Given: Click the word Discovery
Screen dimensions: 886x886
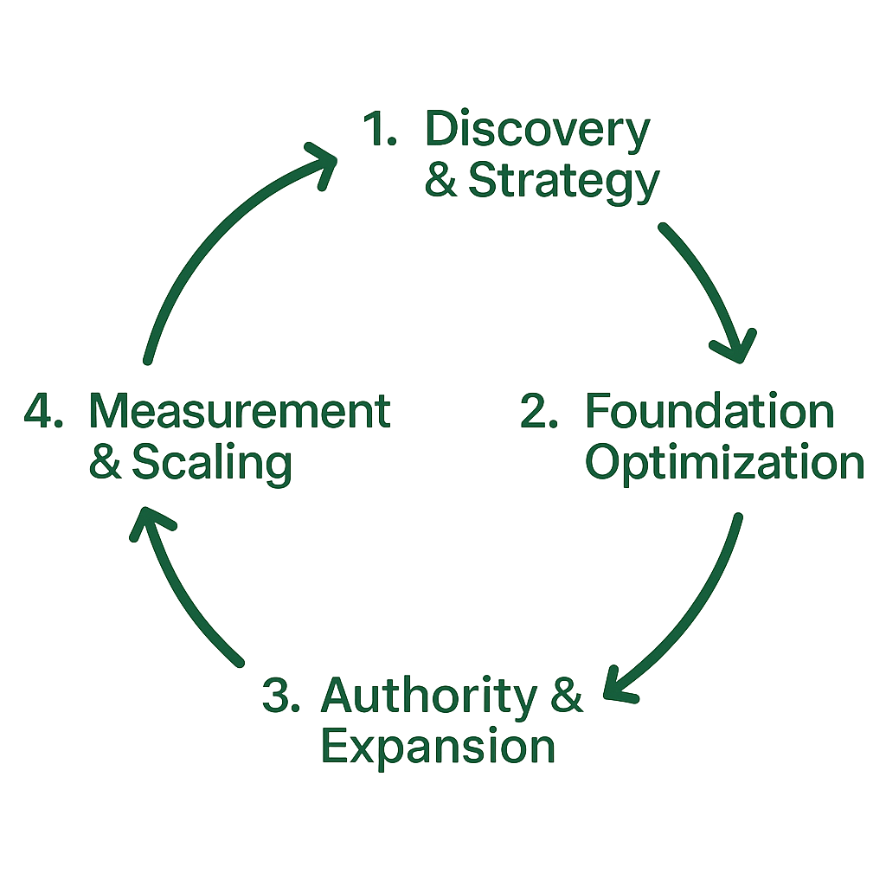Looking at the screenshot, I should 536,132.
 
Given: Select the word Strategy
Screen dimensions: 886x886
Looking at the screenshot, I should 563,181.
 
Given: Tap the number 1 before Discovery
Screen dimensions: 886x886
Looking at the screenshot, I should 378,132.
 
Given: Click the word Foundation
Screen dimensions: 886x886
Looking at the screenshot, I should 709,412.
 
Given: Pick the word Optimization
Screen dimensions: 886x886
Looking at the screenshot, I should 725,463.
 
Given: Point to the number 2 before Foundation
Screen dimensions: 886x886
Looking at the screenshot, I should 538,413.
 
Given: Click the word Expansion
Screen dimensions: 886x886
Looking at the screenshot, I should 438,747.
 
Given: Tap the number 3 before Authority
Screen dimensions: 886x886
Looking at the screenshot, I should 280,697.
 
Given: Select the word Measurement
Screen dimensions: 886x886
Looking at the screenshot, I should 240,412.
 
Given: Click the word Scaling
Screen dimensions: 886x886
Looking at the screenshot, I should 211,464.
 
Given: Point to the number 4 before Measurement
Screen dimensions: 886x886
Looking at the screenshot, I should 42,413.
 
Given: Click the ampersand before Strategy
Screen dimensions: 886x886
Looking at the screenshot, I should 441,181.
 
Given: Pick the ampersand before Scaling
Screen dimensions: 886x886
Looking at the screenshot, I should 106,464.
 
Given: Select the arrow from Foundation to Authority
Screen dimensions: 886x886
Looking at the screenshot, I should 692,614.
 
